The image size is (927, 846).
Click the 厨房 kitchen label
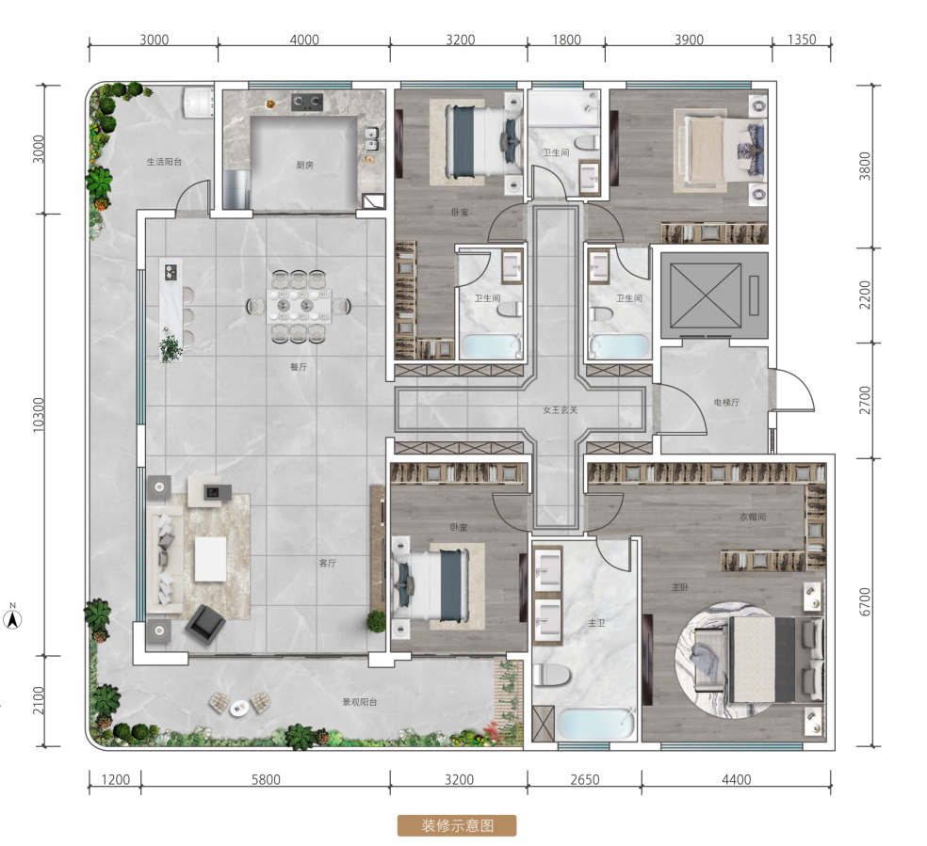click(x=304, y=166)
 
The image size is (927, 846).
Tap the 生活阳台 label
click(x=164, y=162)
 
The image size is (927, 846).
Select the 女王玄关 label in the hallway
click(x=560, y=409)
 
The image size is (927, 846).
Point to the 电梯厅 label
click(x=726, y=403)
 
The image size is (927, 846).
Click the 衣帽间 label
click(x=753, y=517)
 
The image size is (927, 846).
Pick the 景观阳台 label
click(x=360, y=702)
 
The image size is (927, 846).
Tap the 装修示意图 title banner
click(x=457, y=825)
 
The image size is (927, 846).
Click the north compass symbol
click(x=12, y=617)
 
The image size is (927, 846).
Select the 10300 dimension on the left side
click(x=39, y=414)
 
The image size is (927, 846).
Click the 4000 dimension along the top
click(x=304, y=40)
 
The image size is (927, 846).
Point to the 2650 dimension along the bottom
click(x=585, y=779)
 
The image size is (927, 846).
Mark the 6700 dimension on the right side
click(x=865, y=601)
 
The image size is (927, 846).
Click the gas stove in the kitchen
click(x=307, y=103)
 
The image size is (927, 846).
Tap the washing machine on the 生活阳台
click(x=198, y=103)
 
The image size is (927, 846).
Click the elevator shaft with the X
click(x=706, y=295)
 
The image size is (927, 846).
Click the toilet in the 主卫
click(x=551, y=675)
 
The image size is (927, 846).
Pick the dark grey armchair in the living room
click(x=205, y=624)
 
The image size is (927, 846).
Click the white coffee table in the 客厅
click(x=210, y=558)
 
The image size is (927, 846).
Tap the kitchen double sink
click(x=371, y=138)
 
